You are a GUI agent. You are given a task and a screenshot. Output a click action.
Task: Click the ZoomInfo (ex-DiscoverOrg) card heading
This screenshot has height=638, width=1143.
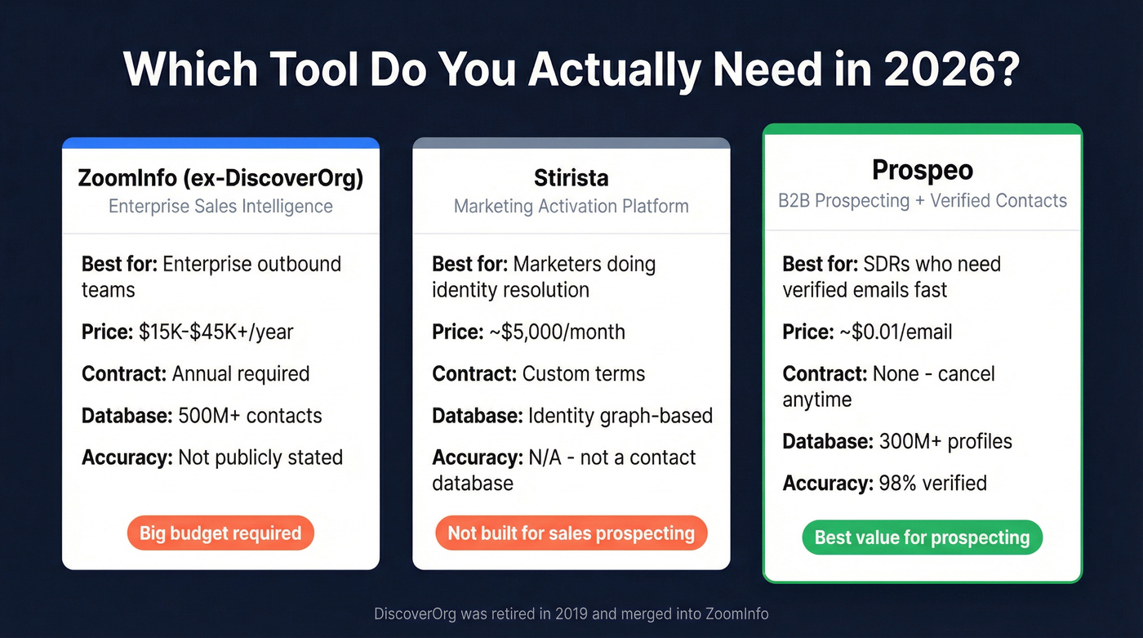coord(220,178)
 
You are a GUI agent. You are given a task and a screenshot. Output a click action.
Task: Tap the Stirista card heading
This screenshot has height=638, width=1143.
coord(571,178)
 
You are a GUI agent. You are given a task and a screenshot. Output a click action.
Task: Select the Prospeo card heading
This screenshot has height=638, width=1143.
coord(923,170)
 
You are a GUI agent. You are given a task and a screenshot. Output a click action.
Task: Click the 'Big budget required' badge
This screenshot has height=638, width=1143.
coord(220,533)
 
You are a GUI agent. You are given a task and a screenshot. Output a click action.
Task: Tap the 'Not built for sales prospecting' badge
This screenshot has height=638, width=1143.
coord(571,533)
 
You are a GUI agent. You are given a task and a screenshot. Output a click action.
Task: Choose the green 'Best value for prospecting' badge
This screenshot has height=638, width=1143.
coord(923,538)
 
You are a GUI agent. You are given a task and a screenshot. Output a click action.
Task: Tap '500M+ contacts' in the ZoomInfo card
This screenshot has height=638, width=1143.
coord(250,415)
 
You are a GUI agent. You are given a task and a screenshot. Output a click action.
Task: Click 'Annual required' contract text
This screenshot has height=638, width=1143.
coord(241,373)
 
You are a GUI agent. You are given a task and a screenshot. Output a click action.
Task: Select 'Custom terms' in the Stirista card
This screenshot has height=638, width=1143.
coord(584,373)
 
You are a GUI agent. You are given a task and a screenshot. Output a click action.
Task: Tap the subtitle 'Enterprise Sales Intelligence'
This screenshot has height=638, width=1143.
coord(220,206)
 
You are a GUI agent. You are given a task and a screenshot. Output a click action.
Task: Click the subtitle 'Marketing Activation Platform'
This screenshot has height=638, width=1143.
coord(571,206)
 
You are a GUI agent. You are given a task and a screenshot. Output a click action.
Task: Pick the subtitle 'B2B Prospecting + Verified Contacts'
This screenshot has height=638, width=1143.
coord(923,200)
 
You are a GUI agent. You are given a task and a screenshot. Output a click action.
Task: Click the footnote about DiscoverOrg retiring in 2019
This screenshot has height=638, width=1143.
coord(571,613)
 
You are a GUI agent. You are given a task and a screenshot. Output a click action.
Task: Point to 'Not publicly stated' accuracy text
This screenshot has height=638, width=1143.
coord(260,457)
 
